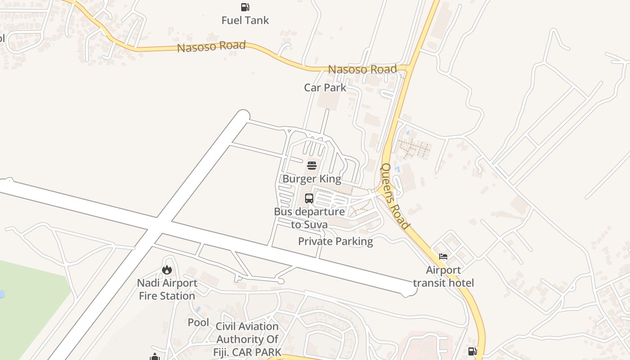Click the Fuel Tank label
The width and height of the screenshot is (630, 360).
tap(245, 20)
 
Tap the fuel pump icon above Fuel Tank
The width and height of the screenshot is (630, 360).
tap(245, 7)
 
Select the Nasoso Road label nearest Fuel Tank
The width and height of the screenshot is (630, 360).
tap(211, 46)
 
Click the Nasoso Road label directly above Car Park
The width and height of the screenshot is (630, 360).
tap(362, 69)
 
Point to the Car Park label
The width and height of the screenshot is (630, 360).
tap(325, 87)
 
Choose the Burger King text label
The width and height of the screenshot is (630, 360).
tap(312, 179)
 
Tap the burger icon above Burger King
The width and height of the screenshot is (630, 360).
tap(312, 165)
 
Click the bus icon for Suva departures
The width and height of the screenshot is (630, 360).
tap(309, 198)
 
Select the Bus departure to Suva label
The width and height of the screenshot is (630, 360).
tap(310, 218)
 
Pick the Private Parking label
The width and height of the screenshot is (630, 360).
tap(336, 241)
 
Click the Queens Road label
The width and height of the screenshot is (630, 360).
tap(395, 196)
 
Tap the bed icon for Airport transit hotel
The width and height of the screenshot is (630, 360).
tap(443, 256)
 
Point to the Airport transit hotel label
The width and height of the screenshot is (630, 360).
tap(443, 276)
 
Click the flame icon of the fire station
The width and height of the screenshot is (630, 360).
tap(167, 270)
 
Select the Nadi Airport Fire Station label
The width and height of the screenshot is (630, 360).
tap(167, 289)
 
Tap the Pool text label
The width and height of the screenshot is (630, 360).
tap(198, 322)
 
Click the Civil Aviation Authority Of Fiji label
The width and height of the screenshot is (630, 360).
tap(247, 339)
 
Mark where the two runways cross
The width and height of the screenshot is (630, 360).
tap(159, 225)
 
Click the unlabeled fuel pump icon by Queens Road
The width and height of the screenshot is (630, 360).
tap(472, 351)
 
